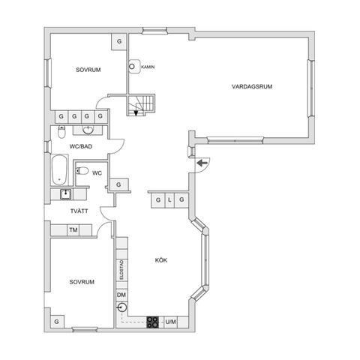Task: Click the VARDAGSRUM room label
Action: [x=252, y=87]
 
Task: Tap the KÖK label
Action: [x=161, y=260]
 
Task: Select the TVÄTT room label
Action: [x=79, y=211]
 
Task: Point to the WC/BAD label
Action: [x=81, y=146]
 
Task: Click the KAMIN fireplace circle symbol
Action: [x=132, y=67]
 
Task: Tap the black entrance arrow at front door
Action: [x=202, y=163]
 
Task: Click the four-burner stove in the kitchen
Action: [x=152, y=322]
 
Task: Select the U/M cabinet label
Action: [x=170, y=322]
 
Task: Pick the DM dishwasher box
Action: [x=121, y=295]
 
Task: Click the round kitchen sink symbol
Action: [x=121, y=307]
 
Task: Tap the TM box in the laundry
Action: [x=73, y=229]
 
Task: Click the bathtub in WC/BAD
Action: [x=60, y=169]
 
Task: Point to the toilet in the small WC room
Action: [x=82, y=171]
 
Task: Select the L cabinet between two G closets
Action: [x=169, y=200]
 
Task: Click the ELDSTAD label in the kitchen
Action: [x=121, y=270]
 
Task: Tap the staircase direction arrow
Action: [x=136, y=113]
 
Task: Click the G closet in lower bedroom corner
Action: [x=57, y=322]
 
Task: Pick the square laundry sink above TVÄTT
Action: [x=65, y=194]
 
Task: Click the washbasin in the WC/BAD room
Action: [x=88, y=130]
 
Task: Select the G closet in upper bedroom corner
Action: [x=119, y=41]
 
